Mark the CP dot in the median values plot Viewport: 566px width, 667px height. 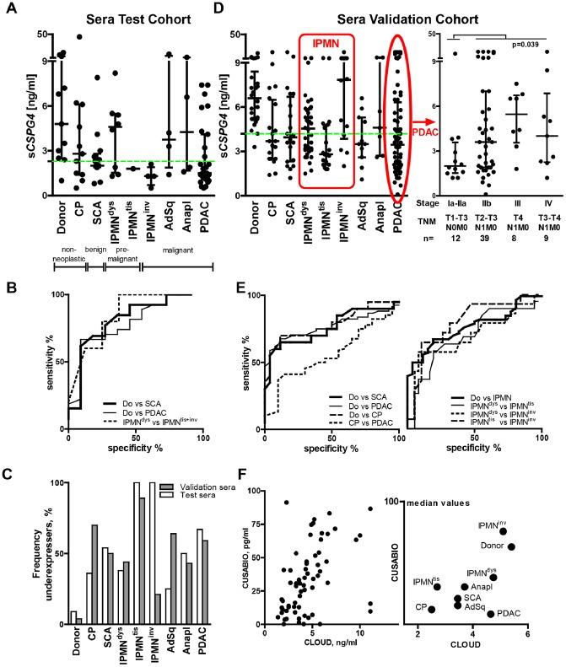pos(431,609)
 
